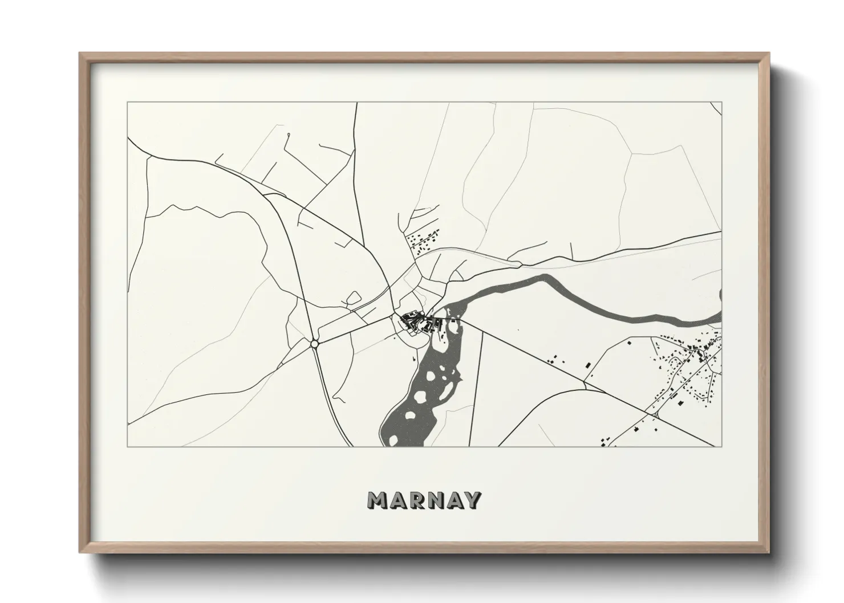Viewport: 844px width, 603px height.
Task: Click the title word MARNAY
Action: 424,500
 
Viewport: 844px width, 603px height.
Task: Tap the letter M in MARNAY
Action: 379,500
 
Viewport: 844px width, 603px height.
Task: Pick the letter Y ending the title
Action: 472,500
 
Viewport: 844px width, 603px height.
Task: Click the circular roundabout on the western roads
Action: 314,344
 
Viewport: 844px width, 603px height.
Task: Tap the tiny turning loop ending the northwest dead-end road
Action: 289,135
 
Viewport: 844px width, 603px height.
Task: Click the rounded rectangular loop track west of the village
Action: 354,298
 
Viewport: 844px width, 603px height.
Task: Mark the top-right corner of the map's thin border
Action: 721,103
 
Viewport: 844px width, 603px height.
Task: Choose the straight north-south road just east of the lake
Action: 476,388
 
